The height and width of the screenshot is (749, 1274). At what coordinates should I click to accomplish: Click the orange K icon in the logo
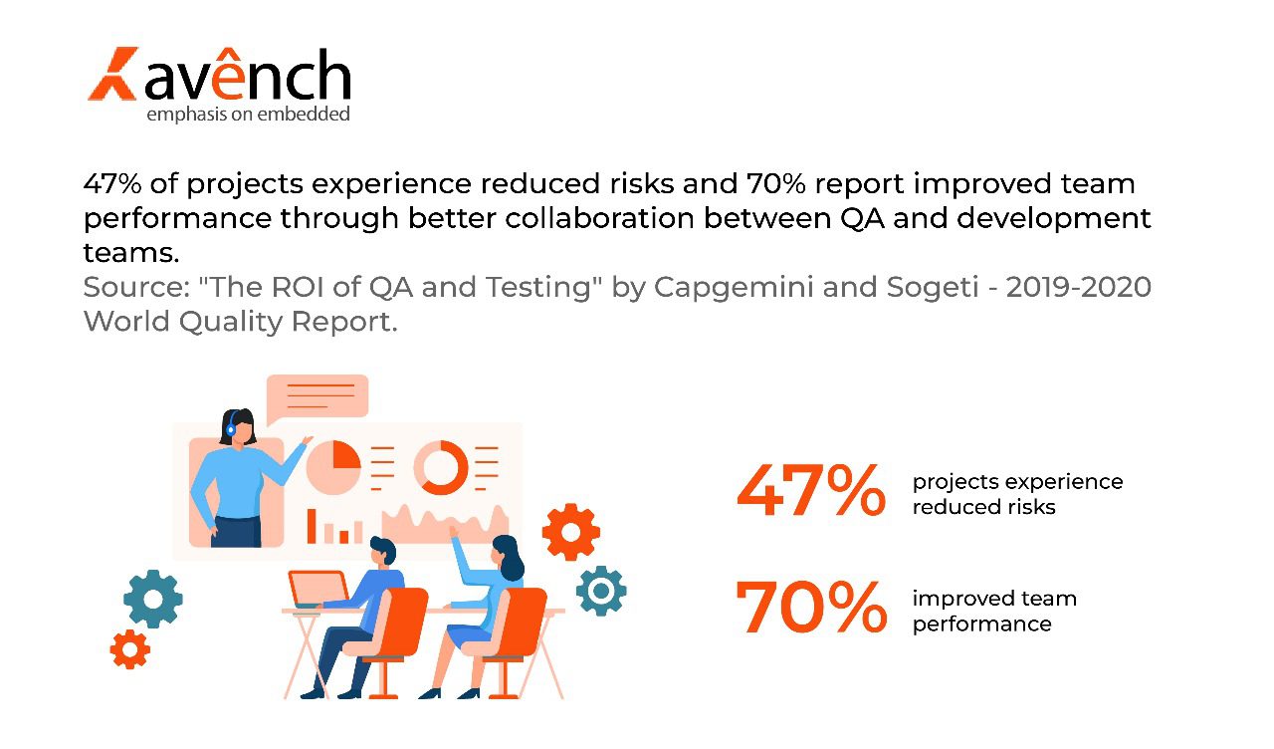point(111,74)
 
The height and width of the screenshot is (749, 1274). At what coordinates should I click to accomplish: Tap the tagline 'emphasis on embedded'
point(248,115)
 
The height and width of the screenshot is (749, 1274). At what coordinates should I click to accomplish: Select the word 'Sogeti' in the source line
point(936,288)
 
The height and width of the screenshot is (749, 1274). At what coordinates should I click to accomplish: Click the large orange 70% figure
point(810,608)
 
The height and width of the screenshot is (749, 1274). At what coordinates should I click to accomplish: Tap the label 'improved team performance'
point(994,611)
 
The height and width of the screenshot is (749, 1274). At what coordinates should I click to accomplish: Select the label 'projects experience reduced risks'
point(1017,494)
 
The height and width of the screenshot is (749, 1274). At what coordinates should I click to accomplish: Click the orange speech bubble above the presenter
point(318,395)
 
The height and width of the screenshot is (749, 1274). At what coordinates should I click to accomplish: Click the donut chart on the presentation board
point(441,467)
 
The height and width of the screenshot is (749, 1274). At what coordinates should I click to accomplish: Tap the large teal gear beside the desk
point(153,599)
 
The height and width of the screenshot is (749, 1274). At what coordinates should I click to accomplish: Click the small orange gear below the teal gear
point(129,649)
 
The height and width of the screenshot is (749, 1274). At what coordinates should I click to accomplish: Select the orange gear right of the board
point(571,532)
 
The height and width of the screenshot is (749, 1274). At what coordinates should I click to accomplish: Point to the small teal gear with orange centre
point(600,591)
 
